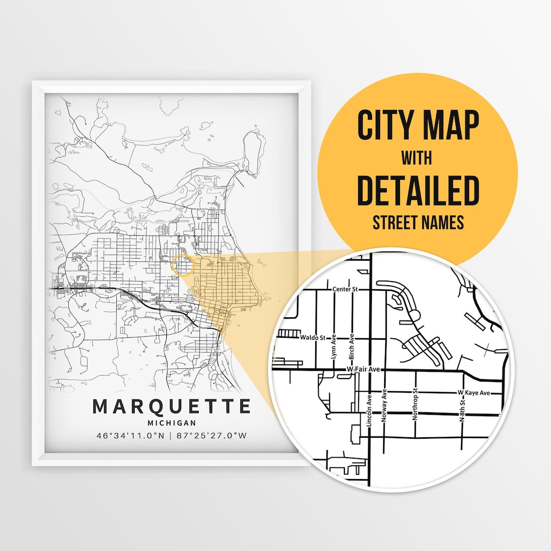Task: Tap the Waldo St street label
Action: tap(312, 337)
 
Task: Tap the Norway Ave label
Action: tap(384, 405)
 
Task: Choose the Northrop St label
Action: tap(415, 406)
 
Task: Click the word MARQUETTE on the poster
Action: tap(172, 407)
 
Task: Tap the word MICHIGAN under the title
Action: tap(171, 423)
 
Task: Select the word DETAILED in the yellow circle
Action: tap(418, 191)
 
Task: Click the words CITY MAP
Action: tap(418, 126)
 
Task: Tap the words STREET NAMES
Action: tap(418, 222)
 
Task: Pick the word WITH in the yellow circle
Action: tap(417, 158)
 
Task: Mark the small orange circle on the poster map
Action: tap(184, 266)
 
